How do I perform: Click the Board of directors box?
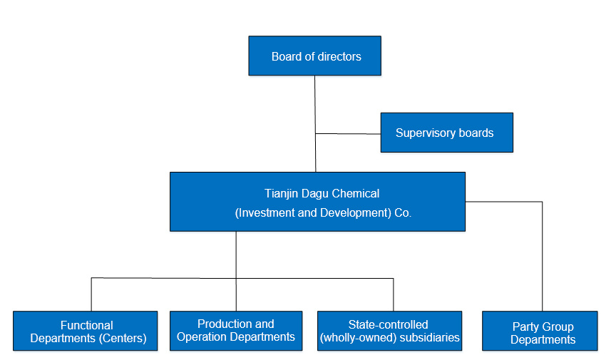(314, 56)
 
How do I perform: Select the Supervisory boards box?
(447, 133)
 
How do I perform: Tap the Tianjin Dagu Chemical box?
(317, 202)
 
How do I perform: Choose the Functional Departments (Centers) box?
(86, 331)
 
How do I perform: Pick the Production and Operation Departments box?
(236, 331)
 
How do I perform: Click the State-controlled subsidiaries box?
(390, 331)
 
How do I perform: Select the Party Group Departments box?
(540, 331)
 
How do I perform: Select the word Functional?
(87, 325)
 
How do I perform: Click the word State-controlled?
(388, 324)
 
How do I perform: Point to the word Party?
(525, 327)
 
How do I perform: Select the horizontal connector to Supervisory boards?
(348, 134)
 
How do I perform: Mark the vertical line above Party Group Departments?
(542, 256)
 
